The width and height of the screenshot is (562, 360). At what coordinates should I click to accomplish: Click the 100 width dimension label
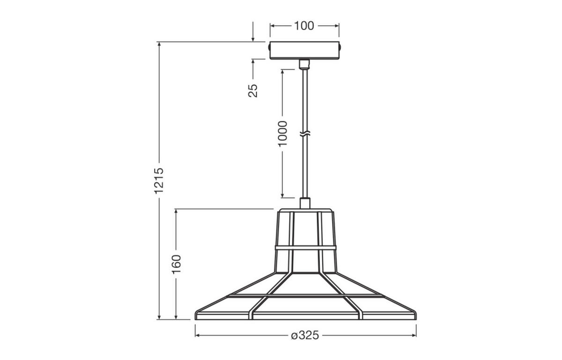[304, 26]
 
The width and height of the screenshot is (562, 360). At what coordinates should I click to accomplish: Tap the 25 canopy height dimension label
[253, 90]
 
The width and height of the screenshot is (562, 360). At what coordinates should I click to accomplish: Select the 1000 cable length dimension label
[282, 133]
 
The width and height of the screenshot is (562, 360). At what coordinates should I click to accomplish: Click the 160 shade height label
[176, 264]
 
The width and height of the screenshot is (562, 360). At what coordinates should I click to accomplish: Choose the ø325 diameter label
[304, 336]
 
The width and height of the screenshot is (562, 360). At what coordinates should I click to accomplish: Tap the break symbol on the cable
[304, 135]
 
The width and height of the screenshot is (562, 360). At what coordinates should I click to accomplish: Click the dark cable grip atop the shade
[304, 203]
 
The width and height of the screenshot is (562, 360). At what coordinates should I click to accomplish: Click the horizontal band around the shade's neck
[305, 247]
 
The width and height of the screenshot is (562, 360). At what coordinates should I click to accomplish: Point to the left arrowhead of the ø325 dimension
[198, 336]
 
